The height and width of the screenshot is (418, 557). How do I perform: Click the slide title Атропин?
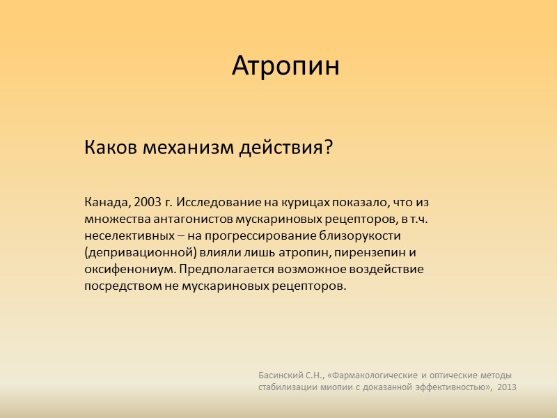pos(285,67)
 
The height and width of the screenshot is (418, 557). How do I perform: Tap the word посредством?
pos(118,286)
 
